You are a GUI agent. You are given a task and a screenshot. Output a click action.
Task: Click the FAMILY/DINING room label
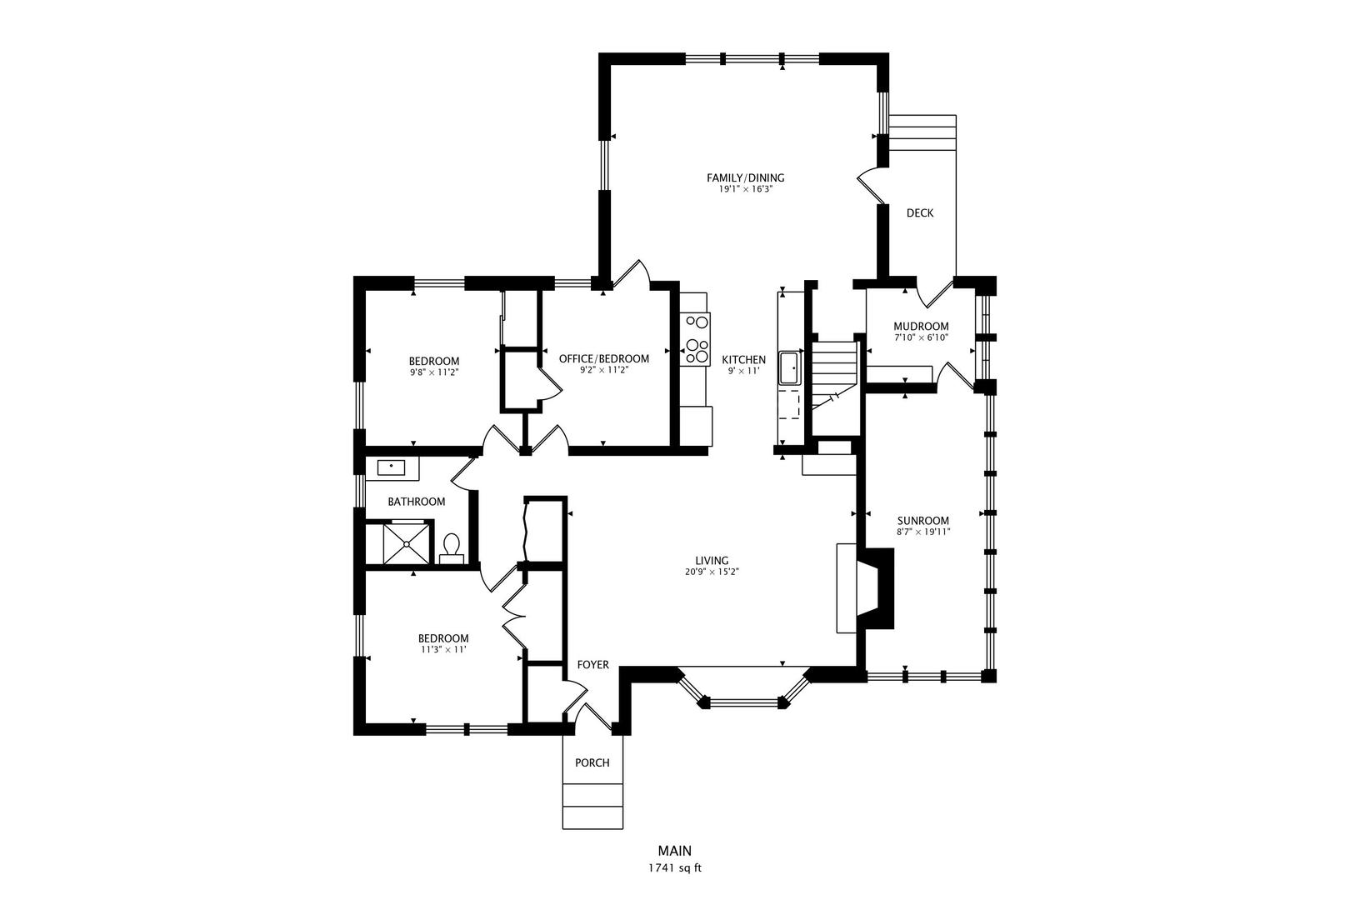pos(746,177)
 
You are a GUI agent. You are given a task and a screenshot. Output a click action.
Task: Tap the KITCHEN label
pos(743,360)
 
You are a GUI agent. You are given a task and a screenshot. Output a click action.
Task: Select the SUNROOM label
pos(922,521)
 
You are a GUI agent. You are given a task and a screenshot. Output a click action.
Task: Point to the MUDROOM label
pos(921,326)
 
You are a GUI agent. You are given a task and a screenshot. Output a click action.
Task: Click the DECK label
pos(920,212)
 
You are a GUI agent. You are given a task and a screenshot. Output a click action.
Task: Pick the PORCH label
pos(592,762)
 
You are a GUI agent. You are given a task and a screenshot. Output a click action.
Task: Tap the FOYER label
pos(593,664)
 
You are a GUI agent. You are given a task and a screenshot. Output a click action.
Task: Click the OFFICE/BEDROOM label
pos(604,358)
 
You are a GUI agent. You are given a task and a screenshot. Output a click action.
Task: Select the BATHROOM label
pos(417,502)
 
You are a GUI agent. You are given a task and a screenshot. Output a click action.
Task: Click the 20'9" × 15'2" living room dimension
pos(712,572)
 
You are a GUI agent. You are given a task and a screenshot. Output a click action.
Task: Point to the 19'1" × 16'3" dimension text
pos(746,189)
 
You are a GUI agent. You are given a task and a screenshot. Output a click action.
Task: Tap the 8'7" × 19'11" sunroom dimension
pos(922,532)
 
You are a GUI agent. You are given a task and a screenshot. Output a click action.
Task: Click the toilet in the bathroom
pos(452,547)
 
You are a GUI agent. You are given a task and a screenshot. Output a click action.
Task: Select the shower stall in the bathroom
pos(407,543)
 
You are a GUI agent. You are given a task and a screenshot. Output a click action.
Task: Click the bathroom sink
pos(391,467)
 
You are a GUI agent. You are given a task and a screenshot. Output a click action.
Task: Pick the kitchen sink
pos(789,367)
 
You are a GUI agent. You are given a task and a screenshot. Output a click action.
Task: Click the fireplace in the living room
pos(865,587)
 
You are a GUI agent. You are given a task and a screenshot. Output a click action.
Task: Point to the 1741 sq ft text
pos(674,868)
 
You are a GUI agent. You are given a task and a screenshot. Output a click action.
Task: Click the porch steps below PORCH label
pos(592,806)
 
